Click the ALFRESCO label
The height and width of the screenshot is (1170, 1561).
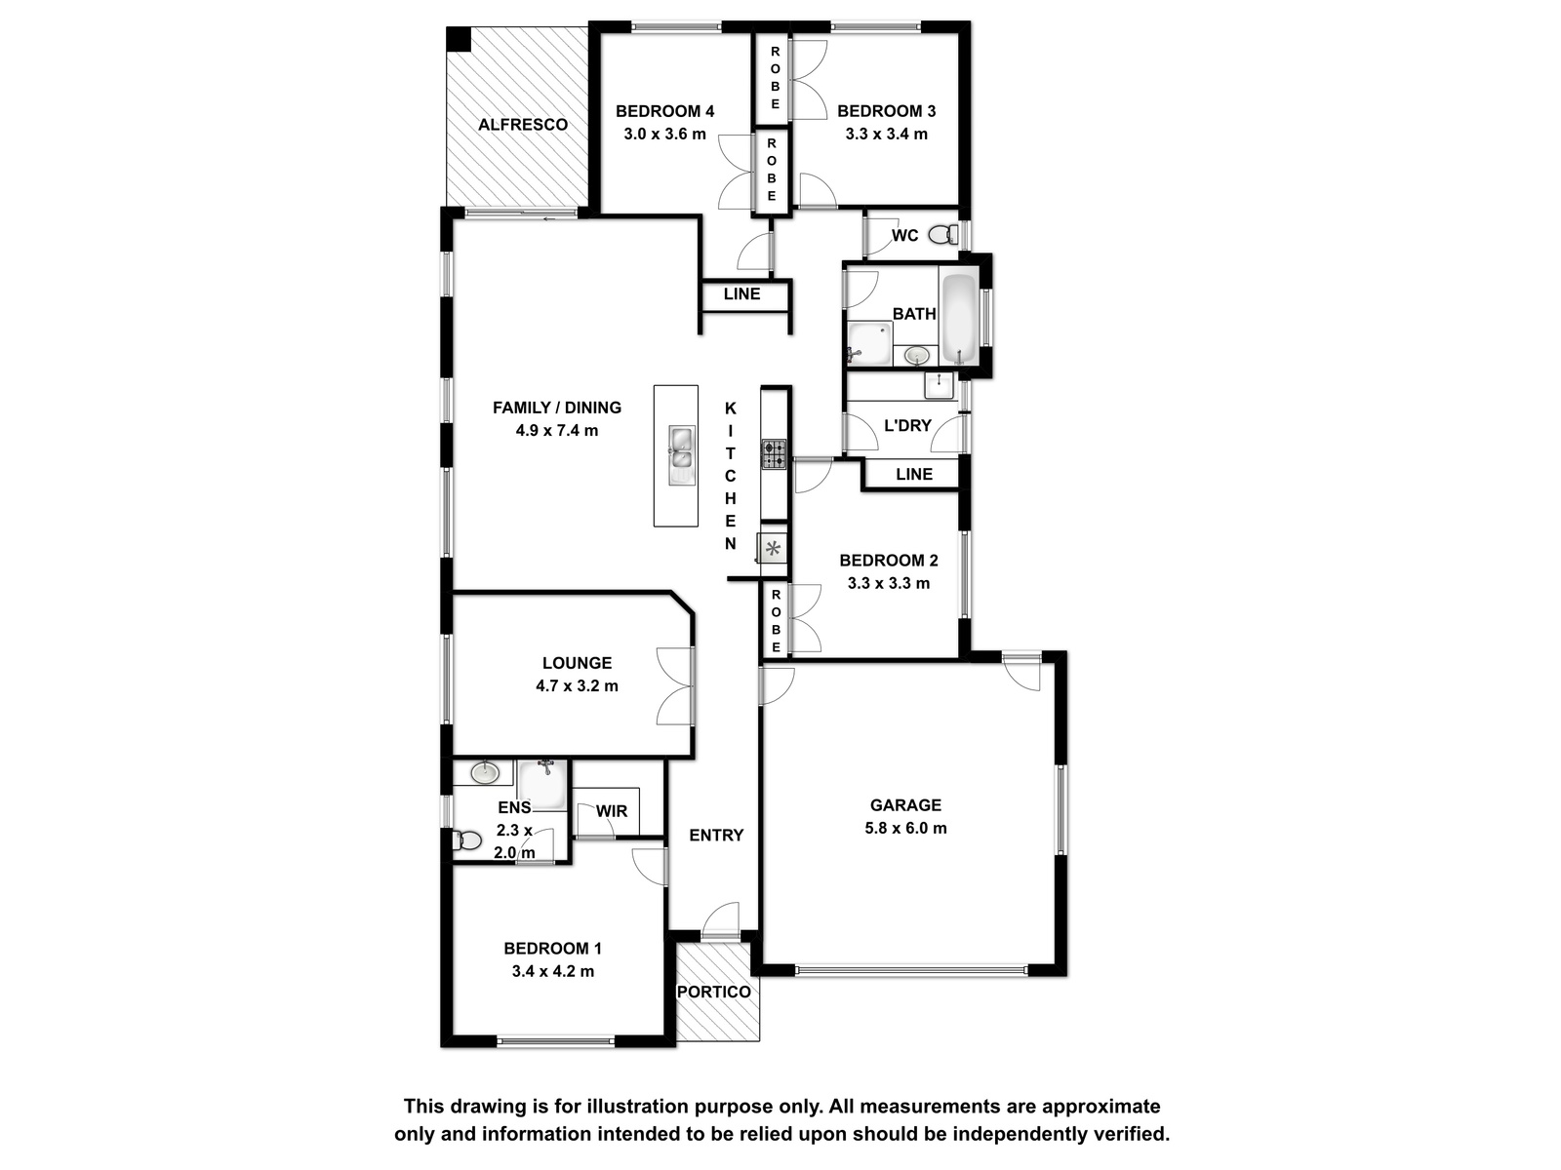tap(523, 125)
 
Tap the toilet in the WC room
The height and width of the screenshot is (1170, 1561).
tap(943, 234)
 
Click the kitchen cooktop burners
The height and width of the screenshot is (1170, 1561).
tap(774, 454)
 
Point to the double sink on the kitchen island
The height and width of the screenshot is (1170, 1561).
tap(681, 455)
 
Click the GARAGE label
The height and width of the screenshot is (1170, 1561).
tap(905, 805)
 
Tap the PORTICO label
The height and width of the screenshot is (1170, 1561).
tap(714, 992)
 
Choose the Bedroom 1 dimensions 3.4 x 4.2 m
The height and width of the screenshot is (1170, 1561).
tap(552, 971)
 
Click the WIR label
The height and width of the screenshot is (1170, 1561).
tap(612, 811)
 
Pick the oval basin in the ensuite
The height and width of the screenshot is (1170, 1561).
tap(485, 773)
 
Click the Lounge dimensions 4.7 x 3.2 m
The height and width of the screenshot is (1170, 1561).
tap(577, 686)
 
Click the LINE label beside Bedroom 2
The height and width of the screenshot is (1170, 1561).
tap(914, 474)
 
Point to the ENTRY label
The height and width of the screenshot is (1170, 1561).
tap(716, 836)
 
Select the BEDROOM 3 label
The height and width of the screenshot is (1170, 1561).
tap(886, 111)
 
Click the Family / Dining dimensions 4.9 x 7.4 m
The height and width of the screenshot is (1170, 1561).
tap(557, 431)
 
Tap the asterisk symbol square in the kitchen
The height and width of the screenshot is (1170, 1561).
tap(773, 548)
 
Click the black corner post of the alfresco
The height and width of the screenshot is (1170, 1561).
tap(459, 39)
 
